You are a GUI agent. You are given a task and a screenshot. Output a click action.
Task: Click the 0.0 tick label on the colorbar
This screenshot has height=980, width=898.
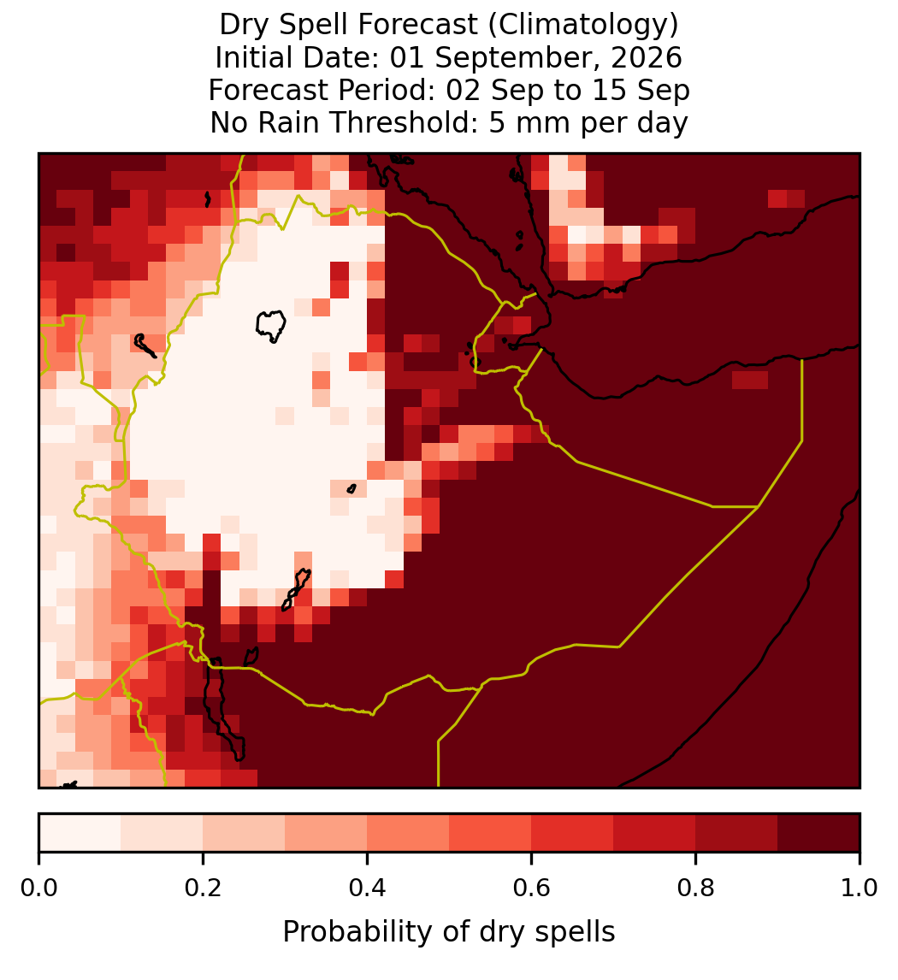pyautogui.click(x=38, y=888)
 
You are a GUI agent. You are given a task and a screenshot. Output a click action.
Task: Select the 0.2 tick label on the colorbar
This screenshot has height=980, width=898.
pyautogui.click(x=203, y=888)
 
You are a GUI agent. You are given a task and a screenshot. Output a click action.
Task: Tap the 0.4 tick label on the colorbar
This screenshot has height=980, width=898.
pyautogui.click(x=368, y=888)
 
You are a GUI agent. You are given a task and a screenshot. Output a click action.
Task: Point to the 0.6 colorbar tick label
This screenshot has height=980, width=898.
pyautogui.click(x=532, y=888)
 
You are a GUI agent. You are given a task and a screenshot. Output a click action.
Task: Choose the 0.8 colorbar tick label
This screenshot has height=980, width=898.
pyautogui.click(x=696, y=888)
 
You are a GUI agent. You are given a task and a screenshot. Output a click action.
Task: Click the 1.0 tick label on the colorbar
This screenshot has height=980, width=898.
pyautogui.click(x=860, y=888)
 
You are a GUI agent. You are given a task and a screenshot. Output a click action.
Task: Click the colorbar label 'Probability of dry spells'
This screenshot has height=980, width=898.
pyautogui.click(x=449, y=932)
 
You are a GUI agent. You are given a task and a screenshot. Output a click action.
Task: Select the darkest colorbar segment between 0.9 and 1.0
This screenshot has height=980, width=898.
pyautogui.click(x=819, y=833)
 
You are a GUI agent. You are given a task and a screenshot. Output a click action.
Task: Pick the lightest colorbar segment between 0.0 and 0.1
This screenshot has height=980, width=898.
pyautogui.click(x=80, y=833)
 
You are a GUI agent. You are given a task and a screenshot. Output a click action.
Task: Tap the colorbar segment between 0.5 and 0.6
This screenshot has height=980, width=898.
pyautogui.click(x=491, y=833)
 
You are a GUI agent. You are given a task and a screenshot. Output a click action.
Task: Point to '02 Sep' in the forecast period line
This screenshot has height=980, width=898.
pyautogui.click(x=494, y=91)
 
